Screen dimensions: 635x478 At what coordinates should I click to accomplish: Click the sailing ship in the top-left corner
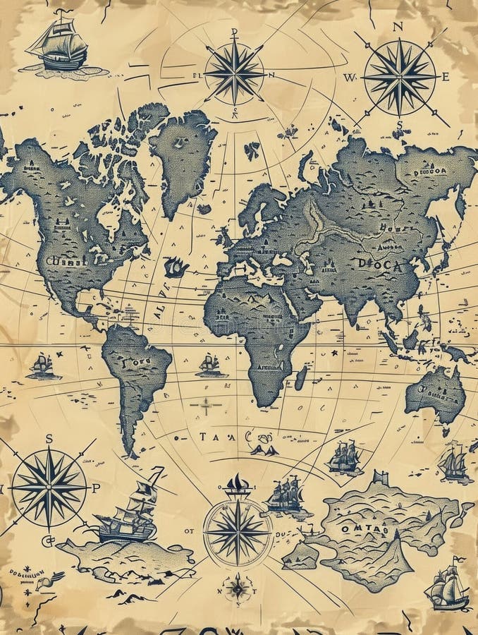coord(60,46)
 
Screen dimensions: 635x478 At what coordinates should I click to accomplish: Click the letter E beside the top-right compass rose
coord(446,77)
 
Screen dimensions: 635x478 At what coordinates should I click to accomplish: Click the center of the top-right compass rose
coord(400,76)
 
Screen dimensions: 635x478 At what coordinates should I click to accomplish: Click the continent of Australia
coord(436,395)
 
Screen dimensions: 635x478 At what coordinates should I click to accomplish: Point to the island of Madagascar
coord(302,377)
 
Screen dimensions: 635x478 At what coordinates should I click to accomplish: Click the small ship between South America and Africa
coord(209,365)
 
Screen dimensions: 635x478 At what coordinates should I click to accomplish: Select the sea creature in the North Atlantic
coord(176,267)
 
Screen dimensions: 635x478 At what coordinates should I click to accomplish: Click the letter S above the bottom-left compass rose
coord(49,438)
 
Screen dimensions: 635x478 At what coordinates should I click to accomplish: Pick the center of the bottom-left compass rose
coord(49,487)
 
